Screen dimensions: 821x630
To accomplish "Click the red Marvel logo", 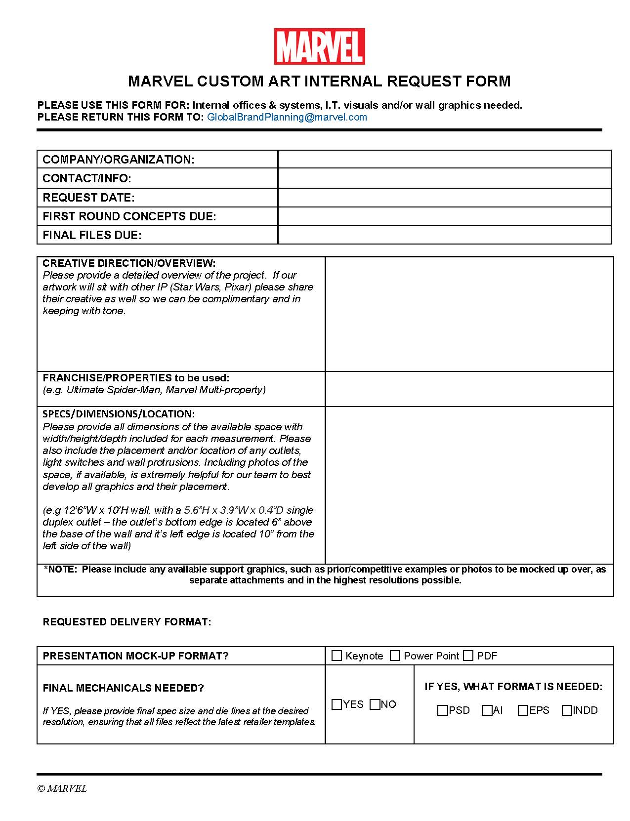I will [319, 46].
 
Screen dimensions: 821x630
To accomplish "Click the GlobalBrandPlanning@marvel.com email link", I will [287, 117].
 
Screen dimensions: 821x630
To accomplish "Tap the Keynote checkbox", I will [337, 656].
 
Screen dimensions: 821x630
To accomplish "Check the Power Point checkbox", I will [395, 656].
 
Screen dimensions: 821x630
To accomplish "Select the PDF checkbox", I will [468, 656].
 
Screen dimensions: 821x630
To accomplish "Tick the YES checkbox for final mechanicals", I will [337, 704].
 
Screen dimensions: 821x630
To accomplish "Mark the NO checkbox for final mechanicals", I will [375, 704].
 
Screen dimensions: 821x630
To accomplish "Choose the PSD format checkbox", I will [443, 710].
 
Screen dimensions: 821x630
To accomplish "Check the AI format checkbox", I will [487, 710].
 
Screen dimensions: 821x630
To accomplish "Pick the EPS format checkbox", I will [523, 710].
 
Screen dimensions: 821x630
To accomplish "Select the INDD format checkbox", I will [567, 710].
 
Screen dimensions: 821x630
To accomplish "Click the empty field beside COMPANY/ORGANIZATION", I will [444, 159].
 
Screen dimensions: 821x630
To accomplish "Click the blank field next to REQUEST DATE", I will [444, 197].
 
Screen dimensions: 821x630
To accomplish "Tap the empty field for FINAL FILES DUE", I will [444, 235].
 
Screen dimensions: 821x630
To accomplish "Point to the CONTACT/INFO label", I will [87, 178].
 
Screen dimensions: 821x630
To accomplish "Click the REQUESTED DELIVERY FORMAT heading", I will [127, 622].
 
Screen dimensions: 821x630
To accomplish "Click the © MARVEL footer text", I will [62, 788].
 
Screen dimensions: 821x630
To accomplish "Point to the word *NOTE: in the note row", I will [61, 569].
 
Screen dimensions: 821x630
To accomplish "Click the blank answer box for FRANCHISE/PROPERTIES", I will [469, 389].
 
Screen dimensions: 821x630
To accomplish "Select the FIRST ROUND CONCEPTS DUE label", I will [129, 216].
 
